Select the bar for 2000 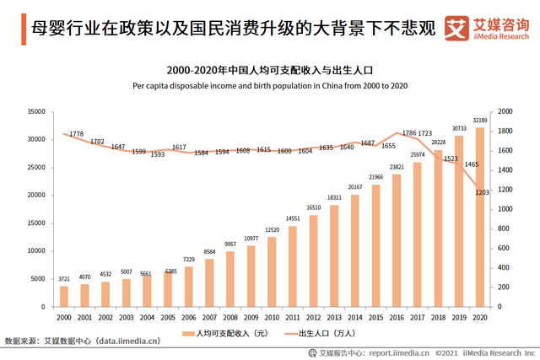[x=64, y=296]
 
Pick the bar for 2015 [x=376, y=245]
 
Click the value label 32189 [x=480, y=121]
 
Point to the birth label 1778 [x=76, y=134]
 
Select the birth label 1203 [x=483, y=193]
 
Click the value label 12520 [x=272, y=230]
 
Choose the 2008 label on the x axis [x=230, y=316]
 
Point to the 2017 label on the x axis [x=418, y=316]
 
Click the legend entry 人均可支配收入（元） [x=224, y=334]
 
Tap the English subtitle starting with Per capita [x=270, y=85]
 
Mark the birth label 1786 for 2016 [x=408, y=133]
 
